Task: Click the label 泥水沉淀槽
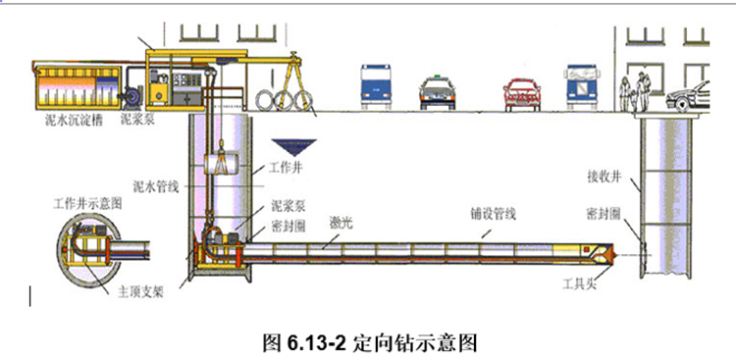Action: click(x=72, y=121)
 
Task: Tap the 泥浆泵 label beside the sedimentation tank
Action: click(x=137, y=120)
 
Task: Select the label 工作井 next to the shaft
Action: click(x=285, y=168)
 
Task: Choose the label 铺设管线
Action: click(x=494, y=215)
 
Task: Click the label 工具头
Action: click(x=579, y=283)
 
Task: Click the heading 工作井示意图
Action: click(x=87, y=204)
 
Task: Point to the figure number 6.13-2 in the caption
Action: click(x=316, y=343)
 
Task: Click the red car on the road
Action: click(x=521, y=95)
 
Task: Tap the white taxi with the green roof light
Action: click(x=437, y=92)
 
